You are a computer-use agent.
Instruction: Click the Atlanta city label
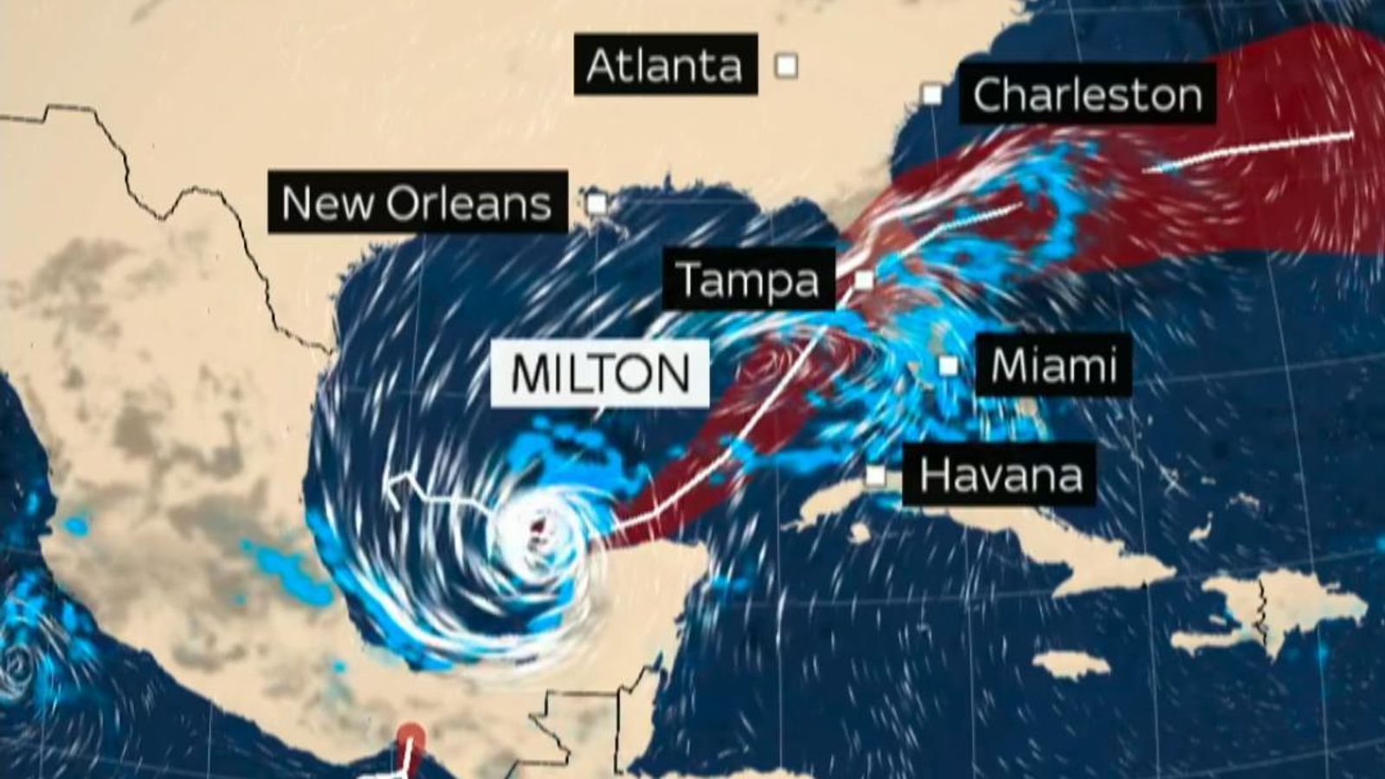(665, 65)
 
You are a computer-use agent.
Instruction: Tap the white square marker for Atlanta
(786, 65)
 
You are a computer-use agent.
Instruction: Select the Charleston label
(1087, 94)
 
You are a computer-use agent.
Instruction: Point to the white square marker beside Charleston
(931, 93)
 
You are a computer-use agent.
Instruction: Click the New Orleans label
(417, 203)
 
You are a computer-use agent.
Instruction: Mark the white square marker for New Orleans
(597, 204)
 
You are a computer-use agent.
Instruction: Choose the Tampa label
(748, 279)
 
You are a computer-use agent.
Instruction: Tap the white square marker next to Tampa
(864, 280)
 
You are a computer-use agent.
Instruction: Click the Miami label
(1053, 365)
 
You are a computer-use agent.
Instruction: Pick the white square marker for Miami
(949, 366)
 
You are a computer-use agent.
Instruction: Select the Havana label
(1000, 474)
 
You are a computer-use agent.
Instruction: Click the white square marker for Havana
(876, 475)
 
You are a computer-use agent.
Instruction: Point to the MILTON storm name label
(601, 373)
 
